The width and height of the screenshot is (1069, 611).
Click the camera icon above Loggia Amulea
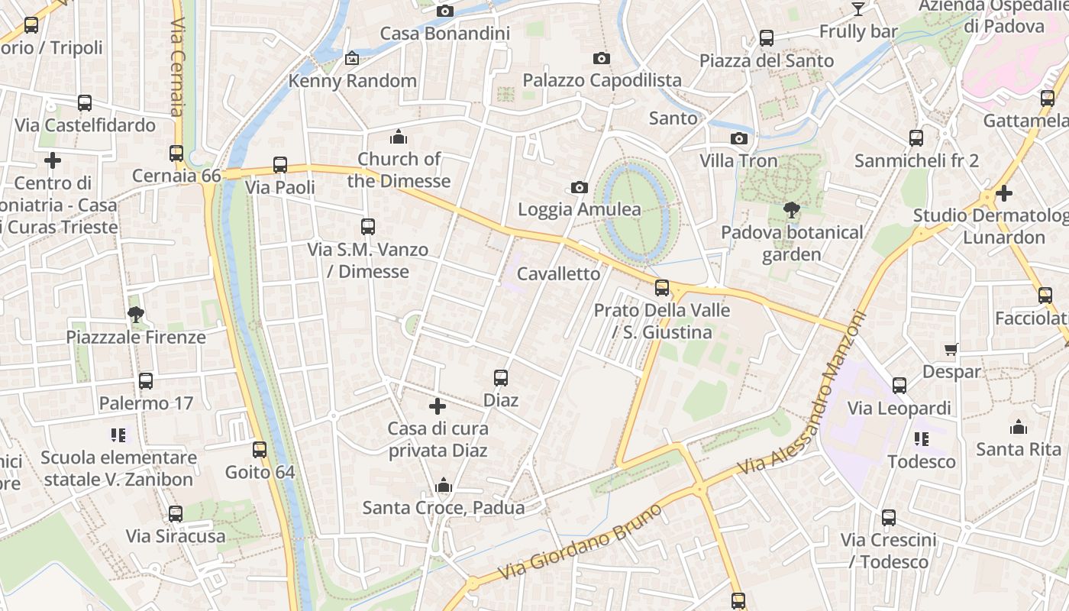click(x=580, y=187)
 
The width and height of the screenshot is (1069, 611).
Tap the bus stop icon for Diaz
click(x=501, y=378)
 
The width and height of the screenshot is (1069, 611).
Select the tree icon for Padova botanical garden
click(x=792, y=209)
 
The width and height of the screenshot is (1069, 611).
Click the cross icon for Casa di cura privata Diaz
click(x=438, y=406)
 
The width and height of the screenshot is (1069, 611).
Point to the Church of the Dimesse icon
click(x=399, y=137)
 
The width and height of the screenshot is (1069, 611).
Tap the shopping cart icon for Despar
click(x=951, y=349)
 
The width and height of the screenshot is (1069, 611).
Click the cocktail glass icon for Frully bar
click(x=858, y=8)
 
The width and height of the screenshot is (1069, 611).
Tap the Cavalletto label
click(x=559, y=273)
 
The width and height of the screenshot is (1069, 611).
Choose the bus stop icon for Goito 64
click(x=260, y=450)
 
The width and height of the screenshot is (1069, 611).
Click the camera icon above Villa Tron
click(x=738, y=138)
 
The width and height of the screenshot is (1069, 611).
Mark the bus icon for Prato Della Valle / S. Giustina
click(x=662, y=288)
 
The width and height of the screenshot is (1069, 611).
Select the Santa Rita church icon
click(x=1019, y=426)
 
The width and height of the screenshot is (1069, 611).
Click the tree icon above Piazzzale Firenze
click(x=136, y=314)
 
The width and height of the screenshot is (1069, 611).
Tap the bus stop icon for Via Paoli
click(x=280, y=165)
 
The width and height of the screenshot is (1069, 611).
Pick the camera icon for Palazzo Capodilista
click(x=602, y=58)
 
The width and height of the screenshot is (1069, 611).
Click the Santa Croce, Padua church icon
click(x=444, y=486)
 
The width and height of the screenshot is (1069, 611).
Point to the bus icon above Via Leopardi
click(x=899, y=386)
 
